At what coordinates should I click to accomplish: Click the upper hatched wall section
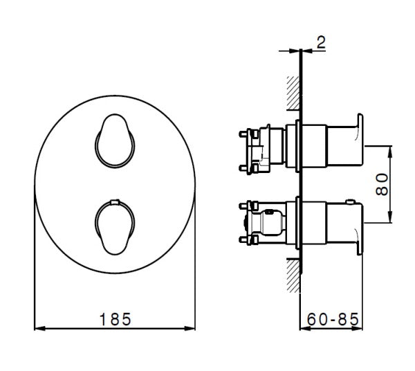click(292, 92)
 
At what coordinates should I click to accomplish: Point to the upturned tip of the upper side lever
click(360, 116)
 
